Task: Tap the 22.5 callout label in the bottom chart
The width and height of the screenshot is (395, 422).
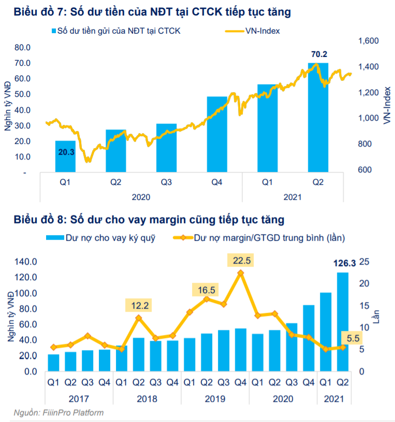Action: pos(241,260)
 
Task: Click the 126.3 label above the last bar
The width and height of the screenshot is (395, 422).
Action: pos(342,264)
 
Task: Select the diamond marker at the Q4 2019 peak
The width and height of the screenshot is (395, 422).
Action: pos(240,272)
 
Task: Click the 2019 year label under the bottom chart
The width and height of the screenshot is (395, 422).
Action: pos(215,399)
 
